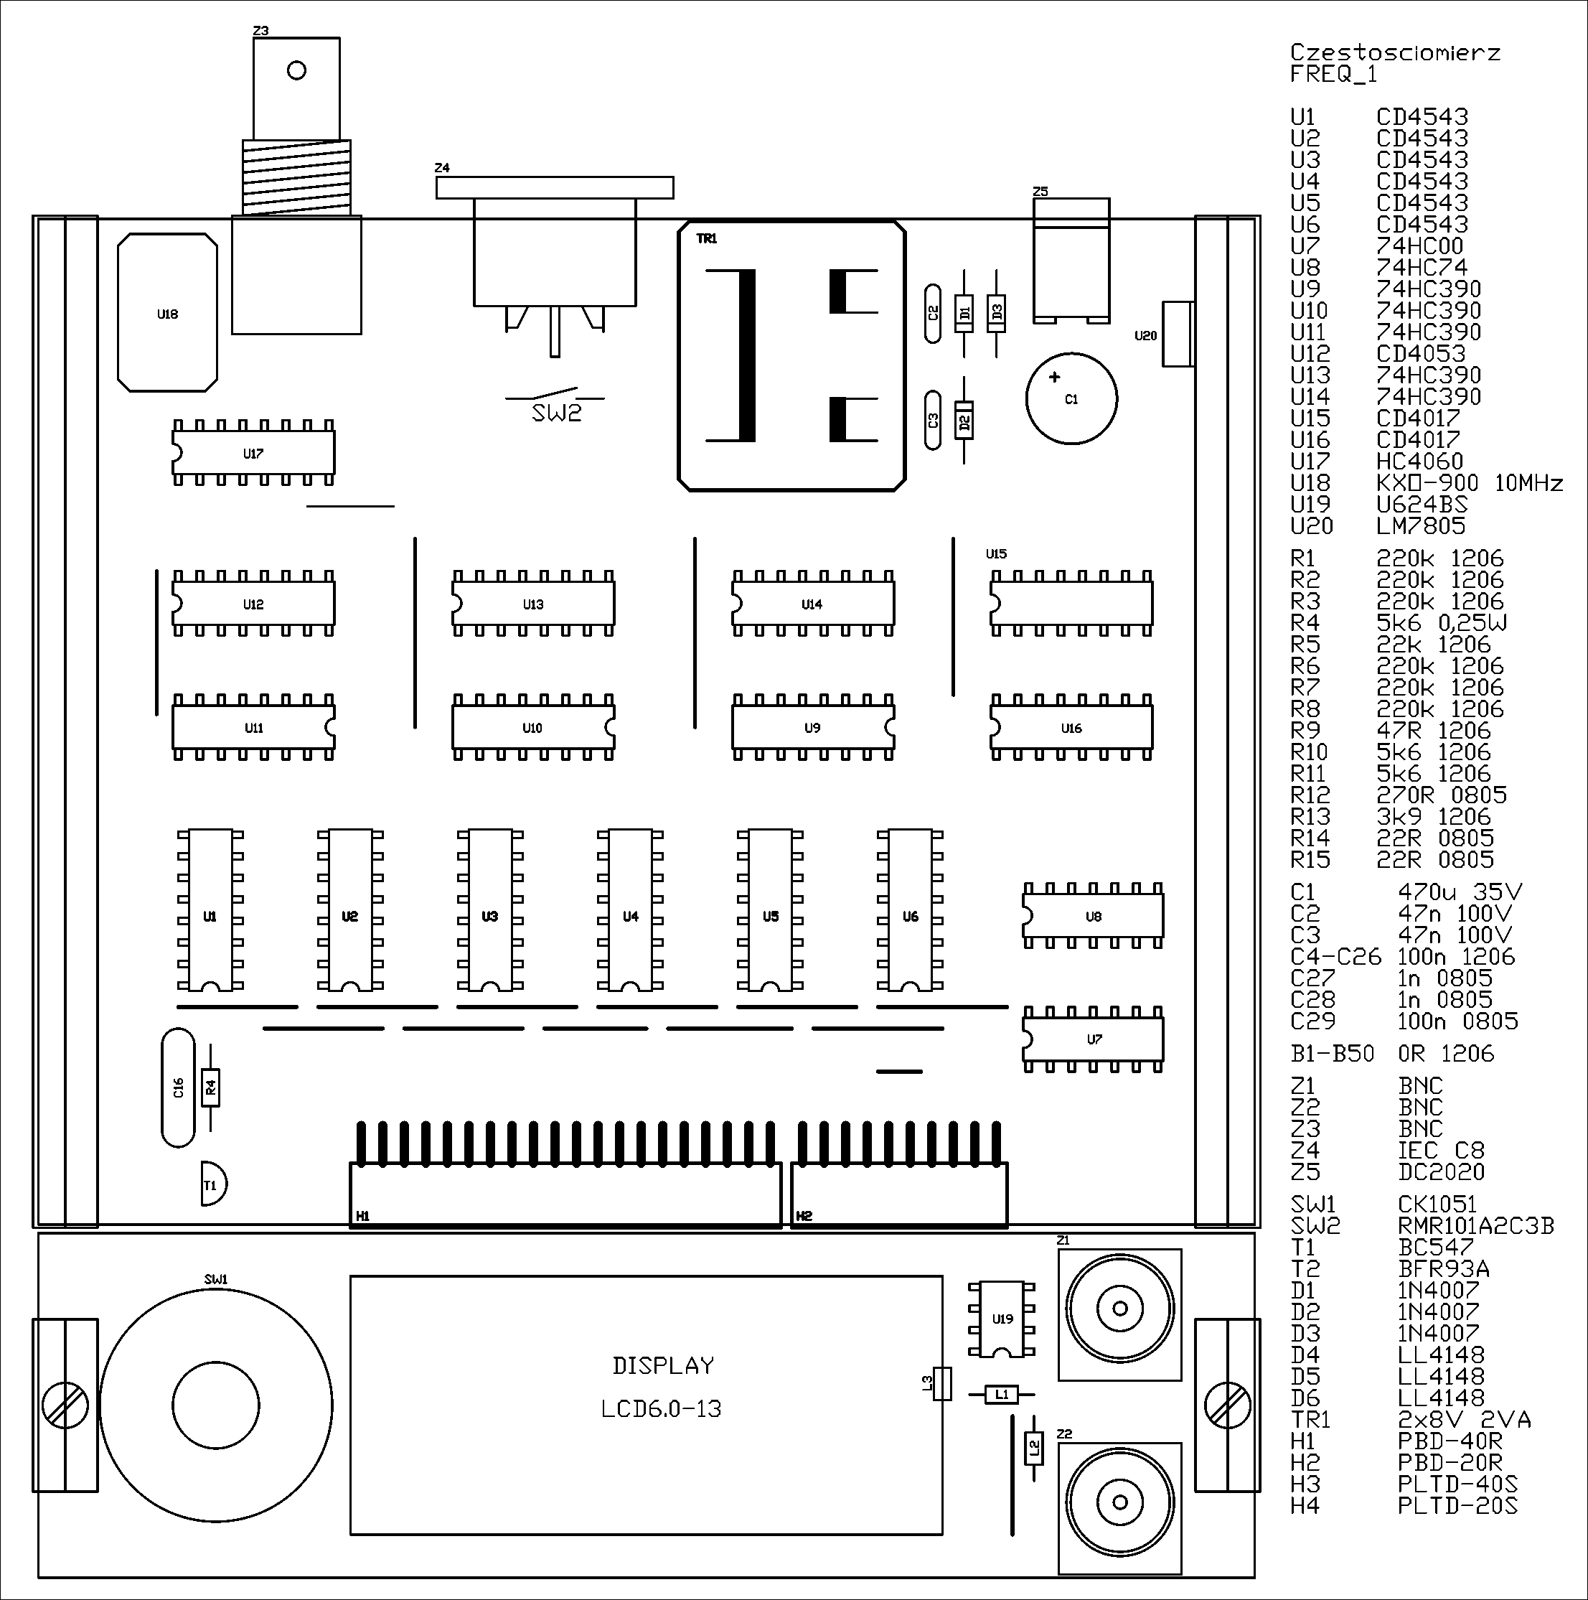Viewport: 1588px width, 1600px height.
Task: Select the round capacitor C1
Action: pos(1071,398)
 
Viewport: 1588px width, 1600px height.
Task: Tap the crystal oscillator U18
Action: pos(167,312)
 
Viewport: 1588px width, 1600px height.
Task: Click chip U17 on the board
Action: pos(253,453)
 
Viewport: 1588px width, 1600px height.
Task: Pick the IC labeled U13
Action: pos(533,604)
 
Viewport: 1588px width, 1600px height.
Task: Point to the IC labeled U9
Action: pos(813,728)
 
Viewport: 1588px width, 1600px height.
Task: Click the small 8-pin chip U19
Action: pos(1002,1319)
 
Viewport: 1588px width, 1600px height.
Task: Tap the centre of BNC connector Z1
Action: pos(1119,1309)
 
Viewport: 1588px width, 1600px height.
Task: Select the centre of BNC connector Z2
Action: pos(1119,1502)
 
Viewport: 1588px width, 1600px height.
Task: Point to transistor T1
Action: pos(214,1184)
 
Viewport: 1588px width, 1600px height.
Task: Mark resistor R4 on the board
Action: pos(210,1087)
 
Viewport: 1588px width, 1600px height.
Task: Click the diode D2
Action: pos(963,421)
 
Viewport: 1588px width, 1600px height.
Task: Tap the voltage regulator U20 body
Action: pos(1178,334)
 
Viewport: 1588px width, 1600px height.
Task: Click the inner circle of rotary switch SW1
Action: pos(216,1405)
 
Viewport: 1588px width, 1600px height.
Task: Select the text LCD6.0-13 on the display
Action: pos(662,1408)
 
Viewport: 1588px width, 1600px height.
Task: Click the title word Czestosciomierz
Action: pos(1395,52)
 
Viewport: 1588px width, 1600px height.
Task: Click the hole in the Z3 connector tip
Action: pos(296,70)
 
